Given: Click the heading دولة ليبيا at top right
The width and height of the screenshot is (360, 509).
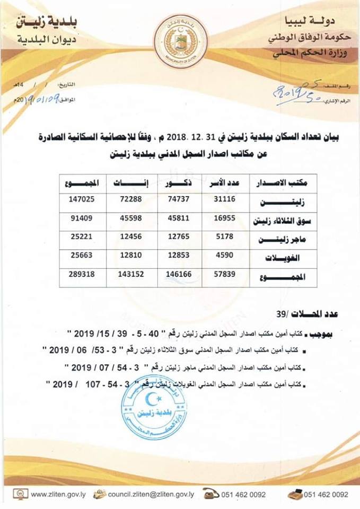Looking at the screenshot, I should pyautogui.click(x=315, y=22).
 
